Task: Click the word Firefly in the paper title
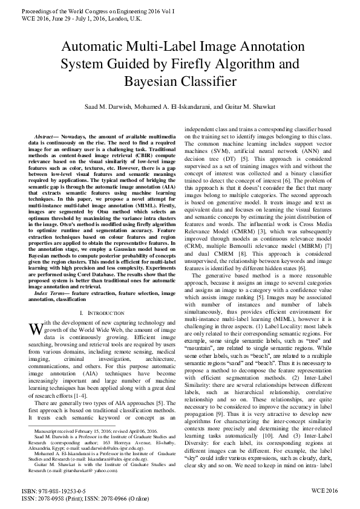(x=231, y=63)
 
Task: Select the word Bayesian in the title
(x=154, y=80)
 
